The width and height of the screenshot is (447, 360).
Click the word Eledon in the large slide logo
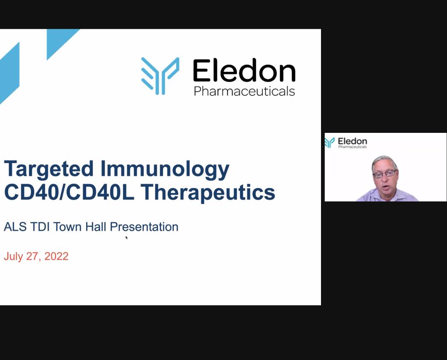click(x=244, y=70)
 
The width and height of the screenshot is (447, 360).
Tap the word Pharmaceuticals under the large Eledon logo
click(x=244, y=91)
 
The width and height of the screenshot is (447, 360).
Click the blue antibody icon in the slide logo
click(x=160, y=76)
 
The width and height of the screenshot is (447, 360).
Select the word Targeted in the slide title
click(x=49, y=169)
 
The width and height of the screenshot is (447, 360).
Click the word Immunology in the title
click(x=165, y=169)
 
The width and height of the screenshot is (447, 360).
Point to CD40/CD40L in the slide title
click(x=69, y=192)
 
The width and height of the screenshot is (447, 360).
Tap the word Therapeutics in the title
click(x=208, y=193)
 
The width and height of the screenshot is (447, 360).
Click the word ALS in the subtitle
click(x=15, y=227)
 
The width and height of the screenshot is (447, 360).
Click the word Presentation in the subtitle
click(x=144, y=227)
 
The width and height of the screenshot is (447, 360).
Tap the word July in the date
click(x=13, y=257)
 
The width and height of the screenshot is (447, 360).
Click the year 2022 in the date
click(x=57, y=256)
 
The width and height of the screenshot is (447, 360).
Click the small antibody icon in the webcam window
click(x=330, y=143)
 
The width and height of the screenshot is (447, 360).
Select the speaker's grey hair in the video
click(x=384, y=162)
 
